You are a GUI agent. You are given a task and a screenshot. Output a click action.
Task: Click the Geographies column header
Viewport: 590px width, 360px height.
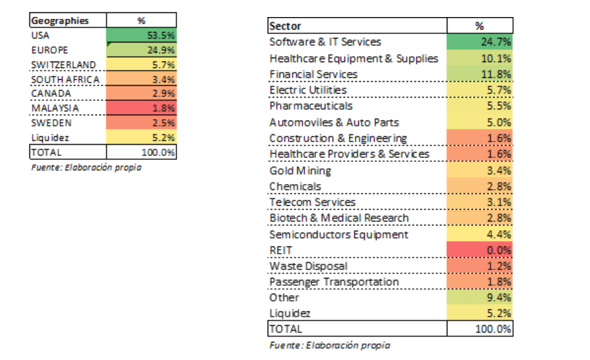click(x=60, y=21)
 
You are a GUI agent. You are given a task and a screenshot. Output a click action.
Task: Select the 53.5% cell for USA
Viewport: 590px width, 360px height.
click(x=142, y=35)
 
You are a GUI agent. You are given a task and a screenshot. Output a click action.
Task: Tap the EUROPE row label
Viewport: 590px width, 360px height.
click(x=50, y=50)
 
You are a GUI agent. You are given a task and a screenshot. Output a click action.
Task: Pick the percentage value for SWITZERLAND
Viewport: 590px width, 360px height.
click(x=163, y=65)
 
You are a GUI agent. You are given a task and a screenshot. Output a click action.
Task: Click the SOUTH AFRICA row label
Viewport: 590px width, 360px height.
click(x=66, y=79)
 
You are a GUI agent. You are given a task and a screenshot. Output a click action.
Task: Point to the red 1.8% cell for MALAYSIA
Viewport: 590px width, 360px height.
click(x=142, y=108)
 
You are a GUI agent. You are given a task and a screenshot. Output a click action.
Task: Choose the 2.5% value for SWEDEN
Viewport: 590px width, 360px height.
click(x=163, y=123)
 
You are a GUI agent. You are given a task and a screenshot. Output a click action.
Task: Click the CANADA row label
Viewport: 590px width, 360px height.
click(x=51, y=94)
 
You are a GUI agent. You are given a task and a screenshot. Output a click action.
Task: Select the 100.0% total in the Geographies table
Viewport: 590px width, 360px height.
click(x=158, y=152)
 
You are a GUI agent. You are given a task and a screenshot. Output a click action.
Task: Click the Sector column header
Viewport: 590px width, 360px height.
click(x=285, y=26)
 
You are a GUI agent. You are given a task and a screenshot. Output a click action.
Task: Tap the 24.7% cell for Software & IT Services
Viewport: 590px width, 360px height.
click(x=480, y=42)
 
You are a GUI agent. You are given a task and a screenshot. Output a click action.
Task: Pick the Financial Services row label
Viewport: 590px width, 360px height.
click(x=314, y=74)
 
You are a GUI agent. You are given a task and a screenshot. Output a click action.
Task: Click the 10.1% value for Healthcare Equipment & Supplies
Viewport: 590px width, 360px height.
click(x=496, y=58)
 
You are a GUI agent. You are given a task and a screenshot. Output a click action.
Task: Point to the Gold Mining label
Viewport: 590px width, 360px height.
click(x=301, y=170)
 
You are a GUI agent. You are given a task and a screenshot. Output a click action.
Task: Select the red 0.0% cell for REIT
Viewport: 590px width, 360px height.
click(x=480, y=250)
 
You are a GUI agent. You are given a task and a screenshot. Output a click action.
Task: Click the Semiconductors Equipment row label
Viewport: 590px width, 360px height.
click(x=339, y=235)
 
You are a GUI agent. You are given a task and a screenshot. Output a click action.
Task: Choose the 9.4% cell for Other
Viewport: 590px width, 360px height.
click(x=480, y=298)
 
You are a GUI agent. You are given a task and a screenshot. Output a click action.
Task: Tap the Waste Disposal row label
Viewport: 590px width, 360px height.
click(x=308, y=266)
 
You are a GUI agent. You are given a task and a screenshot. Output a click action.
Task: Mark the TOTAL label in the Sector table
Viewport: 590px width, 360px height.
click(x=286, y=329)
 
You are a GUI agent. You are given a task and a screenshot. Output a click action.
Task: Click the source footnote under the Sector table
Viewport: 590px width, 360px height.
click(x=329, y=346)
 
